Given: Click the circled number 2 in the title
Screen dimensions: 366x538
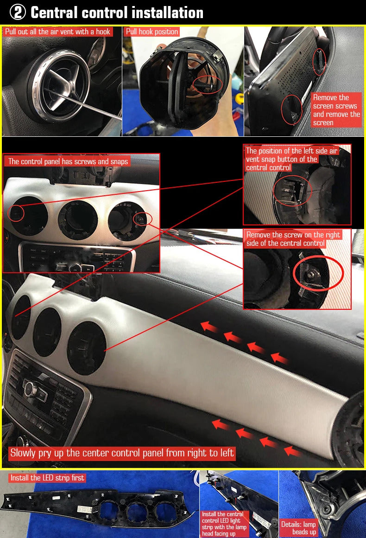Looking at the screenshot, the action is pos(18,13).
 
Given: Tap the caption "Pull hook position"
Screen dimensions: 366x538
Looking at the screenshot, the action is pos(152,32).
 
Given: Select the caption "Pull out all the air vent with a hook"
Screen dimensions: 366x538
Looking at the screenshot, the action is pos(57,32).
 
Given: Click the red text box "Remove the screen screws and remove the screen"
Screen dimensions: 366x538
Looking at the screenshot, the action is pos(336,110).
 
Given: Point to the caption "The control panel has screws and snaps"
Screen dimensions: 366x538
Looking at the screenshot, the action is pos(68,161).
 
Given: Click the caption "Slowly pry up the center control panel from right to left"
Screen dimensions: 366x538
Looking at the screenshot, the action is pos(122,453).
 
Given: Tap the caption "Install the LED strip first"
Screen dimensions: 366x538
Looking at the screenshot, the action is pos(47,478).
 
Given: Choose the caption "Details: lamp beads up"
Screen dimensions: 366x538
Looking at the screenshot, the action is pos(298,528).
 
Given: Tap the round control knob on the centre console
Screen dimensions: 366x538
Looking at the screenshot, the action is pos(30,388).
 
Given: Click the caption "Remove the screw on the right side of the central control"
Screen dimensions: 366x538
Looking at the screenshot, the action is pos(293,239).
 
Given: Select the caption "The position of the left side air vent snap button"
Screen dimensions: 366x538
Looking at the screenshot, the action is pos(291,159).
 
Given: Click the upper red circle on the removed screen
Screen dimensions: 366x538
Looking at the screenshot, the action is pos(319,62).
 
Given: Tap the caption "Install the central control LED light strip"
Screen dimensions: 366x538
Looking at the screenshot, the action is pos(224,524).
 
